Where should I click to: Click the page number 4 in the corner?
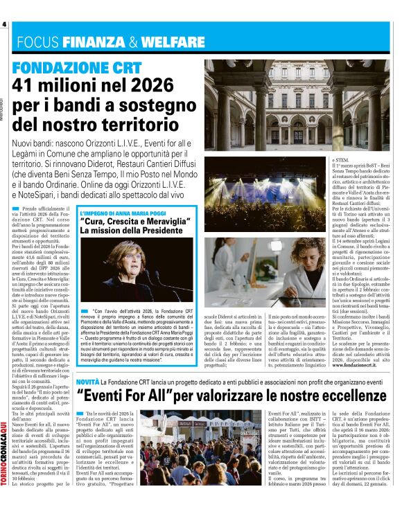(4, 25)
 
